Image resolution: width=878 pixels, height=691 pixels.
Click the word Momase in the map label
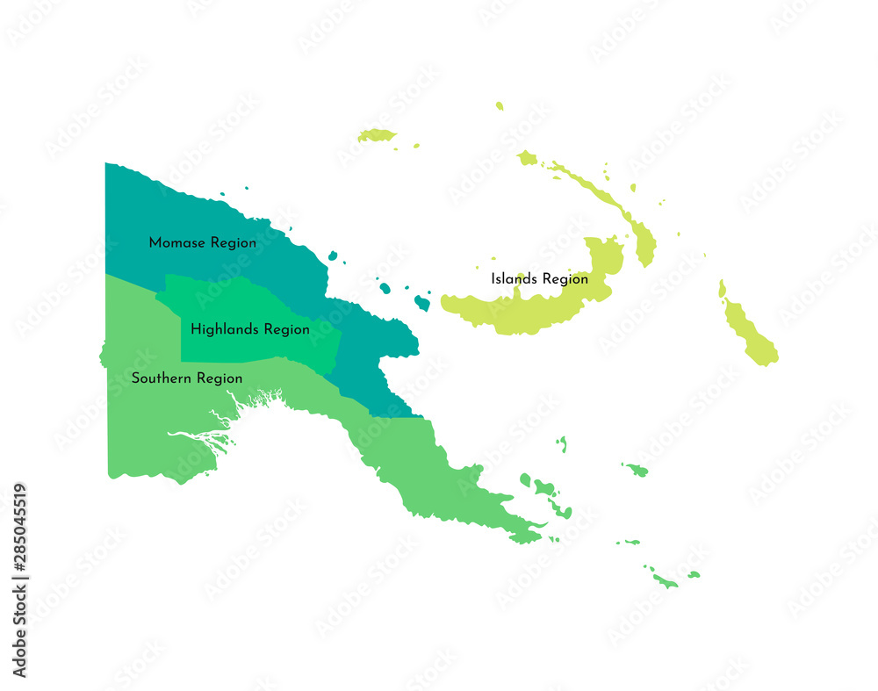coord(173,242)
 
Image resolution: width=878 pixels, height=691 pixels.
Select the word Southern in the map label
coord(162,378)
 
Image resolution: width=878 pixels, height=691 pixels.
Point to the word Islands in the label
coord(515,278)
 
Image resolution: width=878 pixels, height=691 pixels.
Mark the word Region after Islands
coord(565,279)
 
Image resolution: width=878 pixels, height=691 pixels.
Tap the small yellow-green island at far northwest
coord(377,135)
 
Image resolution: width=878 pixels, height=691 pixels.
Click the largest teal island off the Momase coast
coord(422,303)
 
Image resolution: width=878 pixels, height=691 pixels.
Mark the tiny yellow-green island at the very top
coord(500,106)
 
